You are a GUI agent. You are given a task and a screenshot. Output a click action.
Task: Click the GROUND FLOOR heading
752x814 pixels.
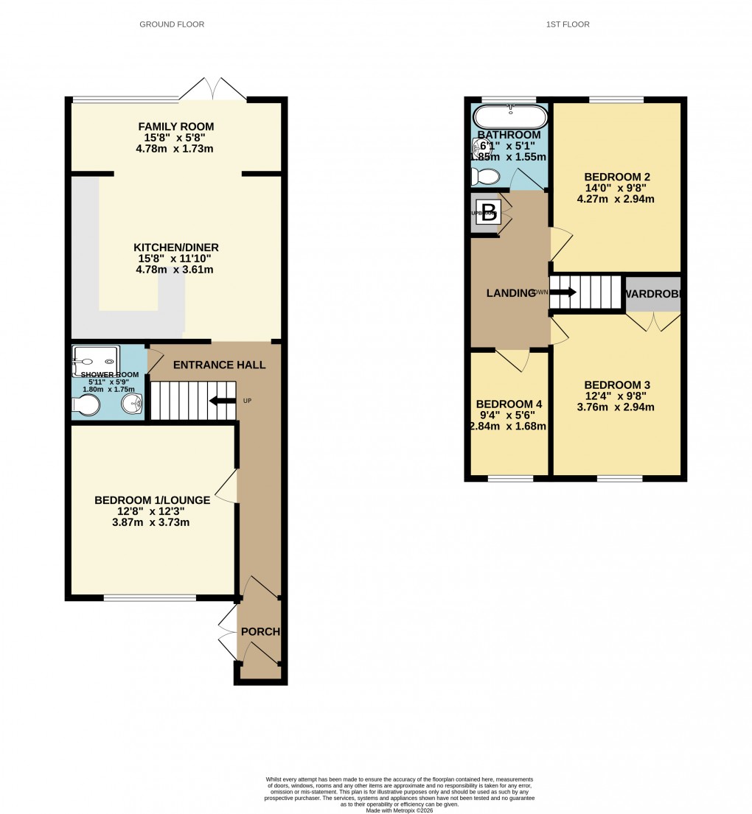pos(172,24)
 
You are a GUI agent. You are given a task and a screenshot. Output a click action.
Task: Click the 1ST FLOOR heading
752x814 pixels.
pos(568,24)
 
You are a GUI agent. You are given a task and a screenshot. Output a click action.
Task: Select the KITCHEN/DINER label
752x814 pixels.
pos(175,248)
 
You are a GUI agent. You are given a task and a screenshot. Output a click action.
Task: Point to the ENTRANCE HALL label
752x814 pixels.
pos(219,365)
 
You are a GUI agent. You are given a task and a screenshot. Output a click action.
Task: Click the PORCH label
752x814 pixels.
pos(260,632)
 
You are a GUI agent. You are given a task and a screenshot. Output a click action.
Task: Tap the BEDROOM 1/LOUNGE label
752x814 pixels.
pos(153,500)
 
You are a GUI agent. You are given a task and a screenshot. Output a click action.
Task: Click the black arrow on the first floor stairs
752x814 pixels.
pos(563,292)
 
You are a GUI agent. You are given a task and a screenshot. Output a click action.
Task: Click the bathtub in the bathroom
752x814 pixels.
pos(510,117)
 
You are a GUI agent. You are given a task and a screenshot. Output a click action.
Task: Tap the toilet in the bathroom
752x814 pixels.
pos(485,176)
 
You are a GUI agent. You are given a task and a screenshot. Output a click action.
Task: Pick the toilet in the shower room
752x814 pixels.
pos(86,405)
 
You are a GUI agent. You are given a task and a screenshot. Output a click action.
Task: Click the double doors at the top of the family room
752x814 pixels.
pos(213,90)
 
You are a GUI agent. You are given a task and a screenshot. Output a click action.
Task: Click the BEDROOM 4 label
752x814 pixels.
pos(509,404)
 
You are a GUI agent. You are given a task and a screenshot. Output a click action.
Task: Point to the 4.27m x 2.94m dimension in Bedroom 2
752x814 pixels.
pos(616,199)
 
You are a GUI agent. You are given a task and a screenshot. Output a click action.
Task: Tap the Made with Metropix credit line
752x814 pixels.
pos(399,810)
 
